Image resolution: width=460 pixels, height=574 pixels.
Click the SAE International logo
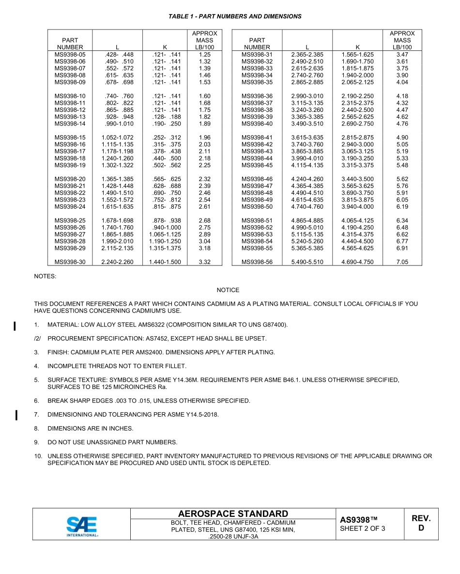coord(82,526)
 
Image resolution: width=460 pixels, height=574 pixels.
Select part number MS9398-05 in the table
coord(70,55)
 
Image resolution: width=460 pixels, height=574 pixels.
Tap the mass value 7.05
coord(402,262)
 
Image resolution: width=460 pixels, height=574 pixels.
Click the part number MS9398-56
coord(257,262)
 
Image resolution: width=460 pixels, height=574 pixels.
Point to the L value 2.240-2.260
coord(117,262)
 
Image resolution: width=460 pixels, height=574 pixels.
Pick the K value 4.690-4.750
coord(357,262)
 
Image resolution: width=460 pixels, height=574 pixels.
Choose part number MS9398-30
coord(70,262)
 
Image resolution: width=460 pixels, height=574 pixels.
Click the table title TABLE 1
coord(234,16)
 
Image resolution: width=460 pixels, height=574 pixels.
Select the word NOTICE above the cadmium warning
coord(228,290)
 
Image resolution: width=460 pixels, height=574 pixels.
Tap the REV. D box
coord(421,523)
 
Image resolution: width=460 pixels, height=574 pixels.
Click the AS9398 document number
coord(358,520)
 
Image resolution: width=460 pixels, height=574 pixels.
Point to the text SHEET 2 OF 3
coord(363,528)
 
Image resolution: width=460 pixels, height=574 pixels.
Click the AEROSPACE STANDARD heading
coord(233,513)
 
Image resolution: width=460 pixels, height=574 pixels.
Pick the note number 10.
coord(38,456)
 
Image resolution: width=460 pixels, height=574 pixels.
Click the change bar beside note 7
coord(16,415)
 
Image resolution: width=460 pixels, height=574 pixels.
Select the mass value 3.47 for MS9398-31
coord(402,55)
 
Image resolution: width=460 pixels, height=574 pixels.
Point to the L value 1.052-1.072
coord(117,138)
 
